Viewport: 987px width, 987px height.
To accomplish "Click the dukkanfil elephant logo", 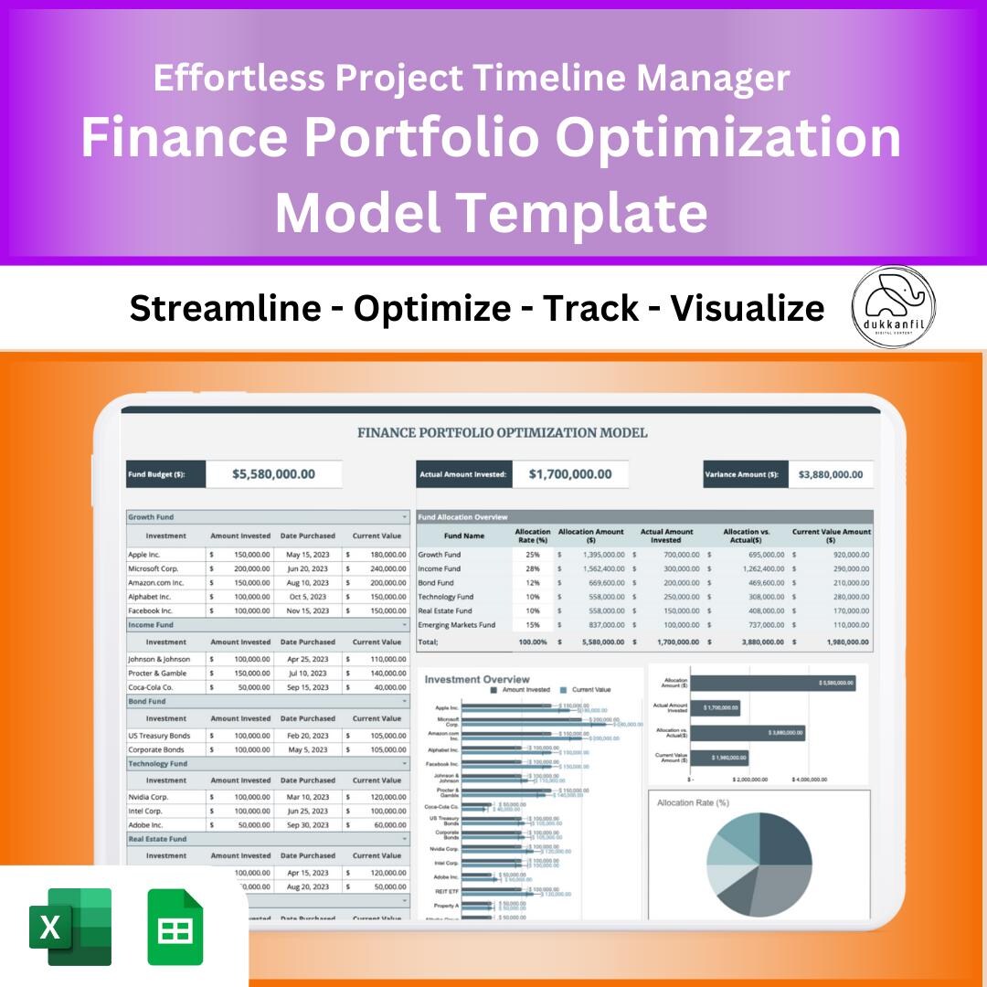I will click(x=893, y=308).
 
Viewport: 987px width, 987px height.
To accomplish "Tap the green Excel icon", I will click(x=70, y=927).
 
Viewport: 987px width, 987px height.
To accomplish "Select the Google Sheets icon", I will click(x=175, y=927).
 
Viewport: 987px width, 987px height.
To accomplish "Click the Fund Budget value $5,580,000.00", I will click(x=273, y=473).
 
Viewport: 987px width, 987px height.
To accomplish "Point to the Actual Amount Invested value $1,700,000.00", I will click(x=570, y=473).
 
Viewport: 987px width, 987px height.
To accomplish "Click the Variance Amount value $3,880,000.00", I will click(x=830, y=474).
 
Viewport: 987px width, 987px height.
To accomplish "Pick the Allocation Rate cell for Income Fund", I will click(x=533, y=568).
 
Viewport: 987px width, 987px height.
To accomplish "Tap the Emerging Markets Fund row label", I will click(x=457, y=625).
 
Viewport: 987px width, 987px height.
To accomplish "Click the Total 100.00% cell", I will click(x=532, y=642).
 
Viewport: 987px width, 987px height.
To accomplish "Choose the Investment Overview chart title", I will click(x=477, y=679).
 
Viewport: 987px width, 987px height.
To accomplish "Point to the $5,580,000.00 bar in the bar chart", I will click(x=773, y=683).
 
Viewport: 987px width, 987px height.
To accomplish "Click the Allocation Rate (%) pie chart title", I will click(x=693, y=802).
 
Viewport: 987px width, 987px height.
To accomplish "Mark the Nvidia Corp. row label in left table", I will click(x=148, y=797).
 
